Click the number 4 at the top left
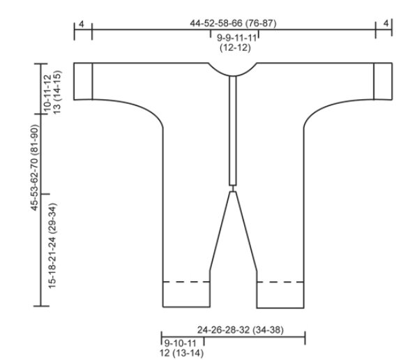(82, 24)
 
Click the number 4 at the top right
(386, 24)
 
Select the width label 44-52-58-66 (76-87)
(233, 24)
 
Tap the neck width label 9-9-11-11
(236, 38)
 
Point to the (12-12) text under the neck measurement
(235, 47)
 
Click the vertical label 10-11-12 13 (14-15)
(52, 92)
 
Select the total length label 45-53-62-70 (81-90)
(35, 167)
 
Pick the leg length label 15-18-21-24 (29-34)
(52, 246)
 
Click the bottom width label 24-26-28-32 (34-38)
(241, 330)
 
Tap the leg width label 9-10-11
(180, 343)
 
